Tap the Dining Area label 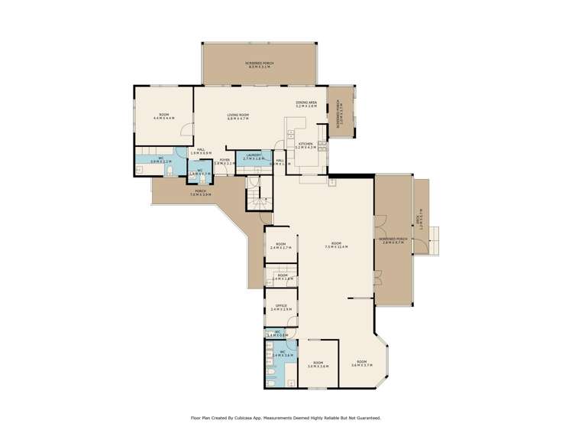[x=306, y=104]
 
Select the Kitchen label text [x=305, y=144]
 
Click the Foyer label [x=225, y=161]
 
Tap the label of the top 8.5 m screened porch [x=259, y=64]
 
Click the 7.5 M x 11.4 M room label [x=335, y=245]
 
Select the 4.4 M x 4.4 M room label [x=163, y=116]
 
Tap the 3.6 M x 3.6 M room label [x=318, y=364]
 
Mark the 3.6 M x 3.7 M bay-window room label [x=361, y=363]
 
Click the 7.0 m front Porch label [x=200, y=192]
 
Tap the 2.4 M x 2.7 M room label [x=280, y=246]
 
